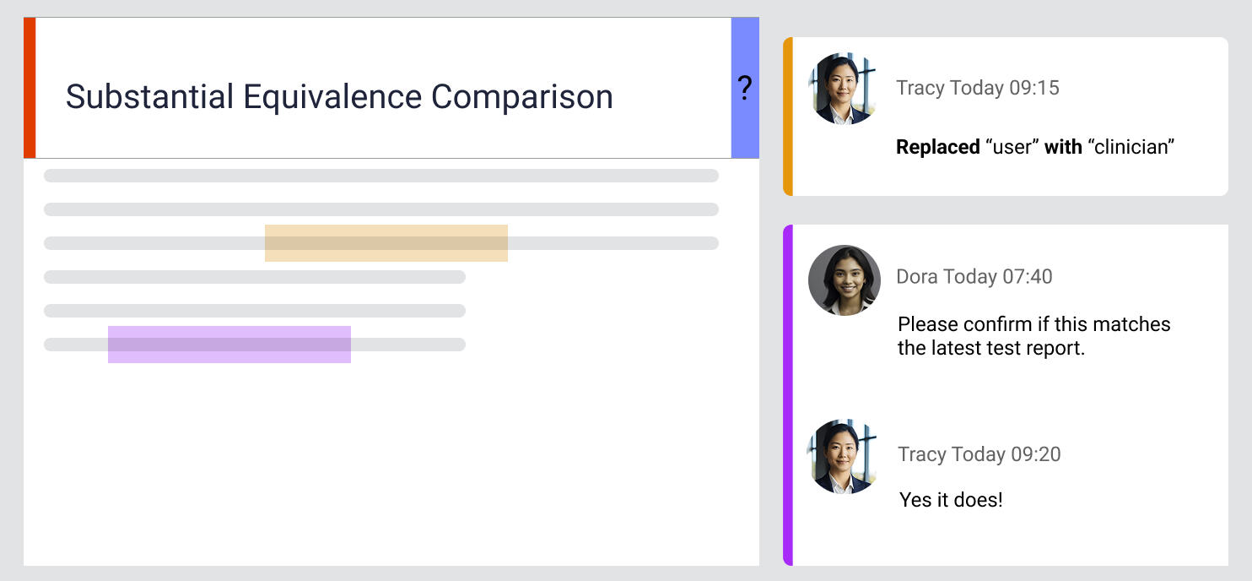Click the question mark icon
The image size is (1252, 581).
[x=744, y=88]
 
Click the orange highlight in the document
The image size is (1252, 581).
[x=386, y=243]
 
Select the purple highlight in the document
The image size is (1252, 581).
[x=229, y=345]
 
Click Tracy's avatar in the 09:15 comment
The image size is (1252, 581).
[x=842, y=89]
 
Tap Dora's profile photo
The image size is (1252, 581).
[x=844, y=280]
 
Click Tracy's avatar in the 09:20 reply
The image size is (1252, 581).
[x=842, y=456]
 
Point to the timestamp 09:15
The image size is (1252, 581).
[x=1033, y=88]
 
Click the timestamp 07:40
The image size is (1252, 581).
[x=1027, y=276]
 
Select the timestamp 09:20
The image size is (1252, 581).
[x=1034, y=453]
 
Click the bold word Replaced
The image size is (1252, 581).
[x=937, y=147]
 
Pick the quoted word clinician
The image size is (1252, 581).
[x=1131, y=147]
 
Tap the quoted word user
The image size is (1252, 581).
[x=1012, y=147]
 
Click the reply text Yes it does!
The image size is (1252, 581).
[x=951, y=499]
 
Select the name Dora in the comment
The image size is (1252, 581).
[x=916, y=276]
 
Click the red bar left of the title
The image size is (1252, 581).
[x=30, y=88]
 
